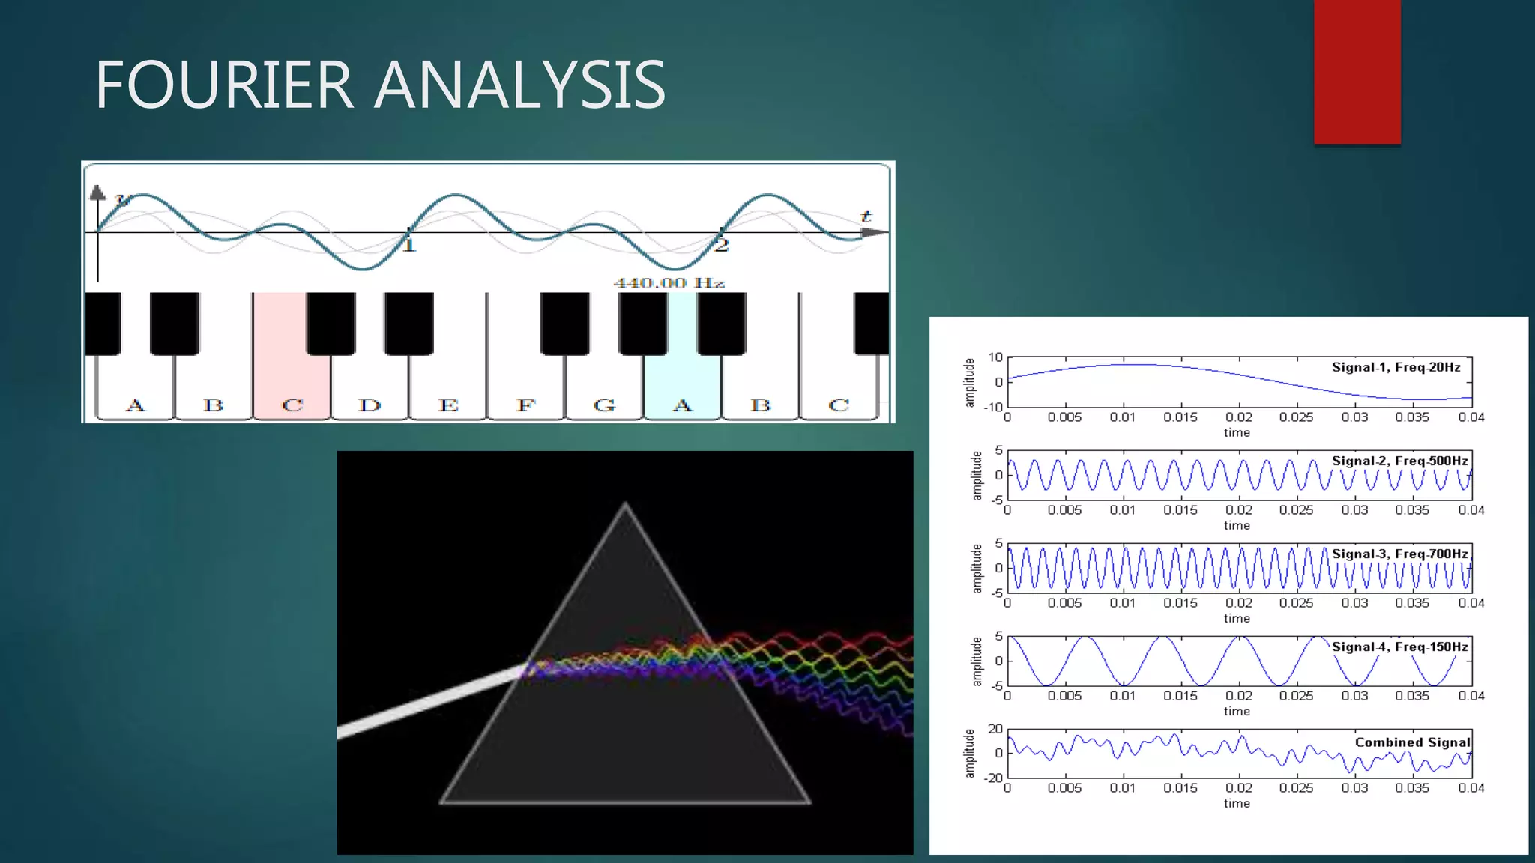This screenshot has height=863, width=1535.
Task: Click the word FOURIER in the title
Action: pyautogui.click(x=223, y=85)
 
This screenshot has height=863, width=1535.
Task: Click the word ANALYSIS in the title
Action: pyautogui.click(x=519, y=85)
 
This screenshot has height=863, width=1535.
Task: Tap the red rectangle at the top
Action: pyautogui.click(x=1357, y=71)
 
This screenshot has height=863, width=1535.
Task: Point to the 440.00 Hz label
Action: pyautogui.click(x=669, y=282)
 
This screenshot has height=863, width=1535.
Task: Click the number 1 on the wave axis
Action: pyautogui.click(x=408, y=245)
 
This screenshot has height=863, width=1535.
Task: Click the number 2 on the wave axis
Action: pyautogui.click(x=721, y=245)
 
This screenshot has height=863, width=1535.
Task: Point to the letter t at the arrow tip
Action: pyautogui.click(x=866, y=216)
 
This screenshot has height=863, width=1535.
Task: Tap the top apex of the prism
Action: pyautogui.click(x=625, y=505)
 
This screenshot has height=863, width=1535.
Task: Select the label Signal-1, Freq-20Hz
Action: pyautogui.click(x=1396, y=367)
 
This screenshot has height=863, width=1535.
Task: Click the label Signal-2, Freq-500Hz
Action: pyautogui.click(x=1399, y=461)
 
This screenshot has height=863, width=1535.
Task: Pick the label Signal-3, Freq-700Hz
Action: pyautogui.click(x=1399, y=554)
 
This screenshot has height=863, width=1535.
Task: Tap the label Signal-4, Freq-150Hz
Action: pyautogui.click(x=1399, y=647)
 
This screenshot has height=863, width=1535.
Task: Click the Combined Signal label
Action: pyautogui.click(x=1412, y=742)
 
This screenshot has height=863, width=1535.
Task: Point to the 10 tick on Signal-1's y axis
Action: pyautogui.click(x=995, y=357)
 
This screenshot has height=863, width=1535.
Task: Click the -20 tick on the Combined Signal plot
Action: pyautogui.click(x=993, y=778)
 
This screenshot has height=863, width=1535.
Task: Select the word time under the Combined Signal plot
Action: pyautogui.click(x=1237, y=803)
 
